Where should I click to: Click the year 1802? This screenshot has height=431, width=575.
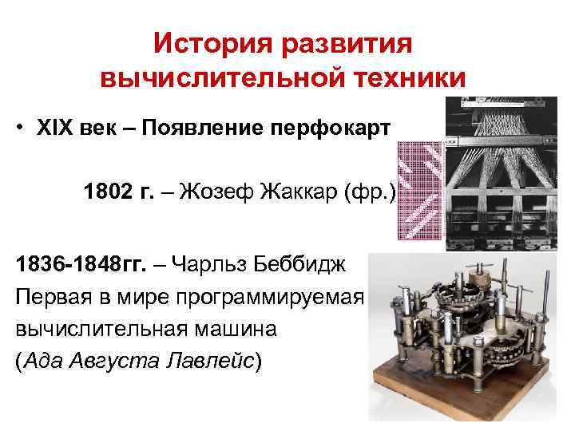106,192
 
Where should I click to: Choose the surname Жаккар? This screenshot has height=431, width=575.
292,192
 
